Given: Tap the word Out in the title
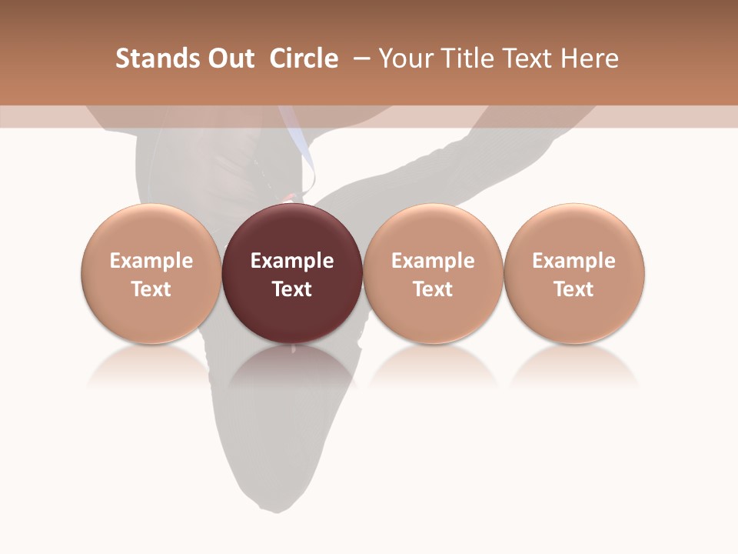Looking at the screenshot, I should point(231,58).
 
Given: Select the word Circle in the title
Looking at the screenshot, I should point(304,58).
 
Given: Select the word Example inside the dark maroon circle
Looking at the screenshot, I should point(292,261).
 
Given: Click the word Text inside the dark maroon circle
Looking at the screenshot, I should point(292,289).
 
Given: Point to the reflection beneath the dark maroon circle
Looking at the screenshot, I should point(292,369).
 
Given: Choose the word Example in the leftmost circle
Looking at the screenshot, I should point(151,261).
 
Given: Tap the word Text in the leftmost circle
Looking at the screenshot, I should point(151,289).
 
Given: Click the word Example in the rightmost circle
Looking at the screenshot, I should point(573,261).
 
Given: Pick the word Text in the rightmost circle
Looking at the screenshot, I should point(573,289).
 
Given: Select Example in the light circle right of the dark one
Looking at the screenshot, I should point(433,261).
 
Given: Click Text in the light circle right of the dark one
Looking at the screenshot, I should point(433,289).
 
